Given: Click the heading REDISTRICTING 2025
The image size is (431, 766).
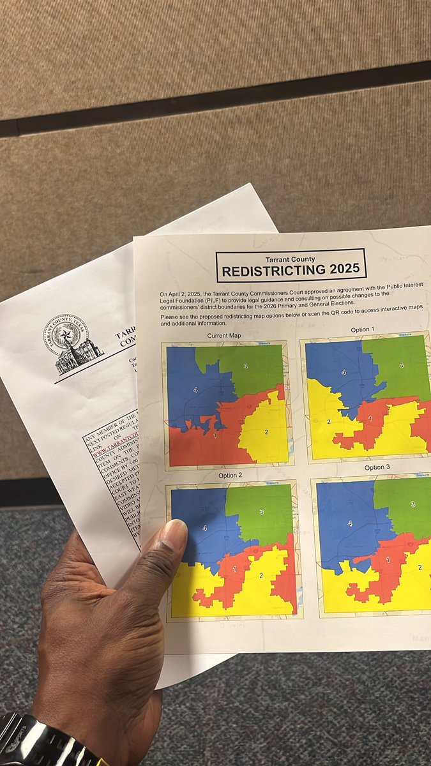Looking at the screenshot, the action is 291,270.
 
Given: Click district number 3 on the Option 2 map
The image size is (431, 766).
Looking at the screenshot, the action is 262,512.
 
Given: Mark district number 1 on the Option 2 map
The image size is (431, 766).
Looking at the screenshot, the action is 235,568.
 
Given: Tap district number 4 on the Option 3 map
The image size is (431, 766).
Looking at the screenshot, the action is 350,523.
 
